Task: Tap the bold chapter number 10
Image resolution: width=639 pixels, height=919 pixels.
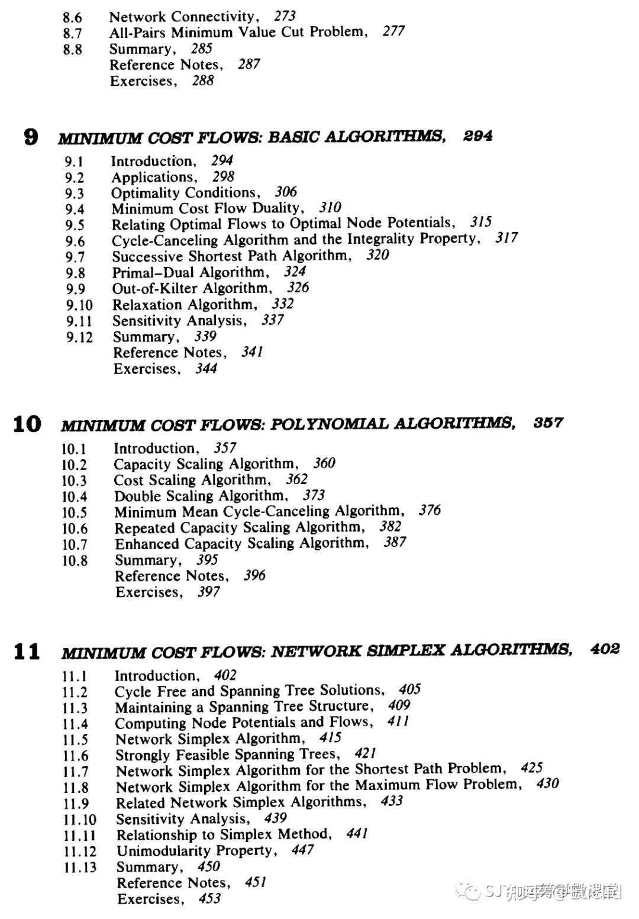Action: point(27,424)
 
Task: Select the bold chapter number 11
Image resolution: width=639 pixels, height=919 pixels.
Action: point(27,652)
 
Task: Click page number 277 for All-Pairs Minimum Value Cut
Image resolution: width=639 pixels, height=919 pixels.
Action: point(393,31)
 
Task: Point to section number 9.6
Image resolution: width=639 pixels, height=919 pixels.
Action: point(75,241)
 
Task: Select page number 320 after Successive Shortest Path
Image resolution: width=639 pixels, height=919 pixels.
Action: point(377,255)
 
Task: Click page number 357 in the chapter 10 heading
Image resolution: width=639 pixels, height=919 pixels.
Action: point(548,423)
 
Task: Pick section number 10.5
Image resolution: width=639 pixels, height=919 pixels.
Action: point(75,513)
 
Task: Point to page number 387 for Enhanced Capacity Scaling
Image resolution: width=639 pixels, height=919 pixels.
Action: point(395,542)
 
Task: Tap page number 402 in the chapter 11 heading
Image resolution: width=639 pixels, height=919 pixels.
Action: point(605,649)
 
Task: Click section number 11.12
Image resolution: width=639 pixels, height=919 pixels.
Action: point(80,852)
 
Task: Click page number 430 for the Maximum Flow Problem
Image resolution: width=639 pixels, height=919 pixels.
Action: point(547,784)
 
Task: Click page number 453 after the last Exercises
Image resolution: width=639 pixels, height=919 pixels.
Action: point(209,899)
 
